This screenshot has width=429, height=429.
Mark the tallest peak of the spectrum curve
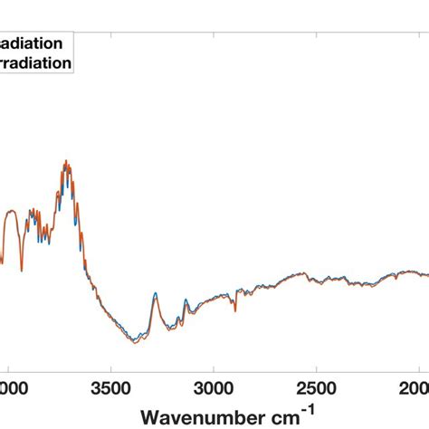click(66, 163)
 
